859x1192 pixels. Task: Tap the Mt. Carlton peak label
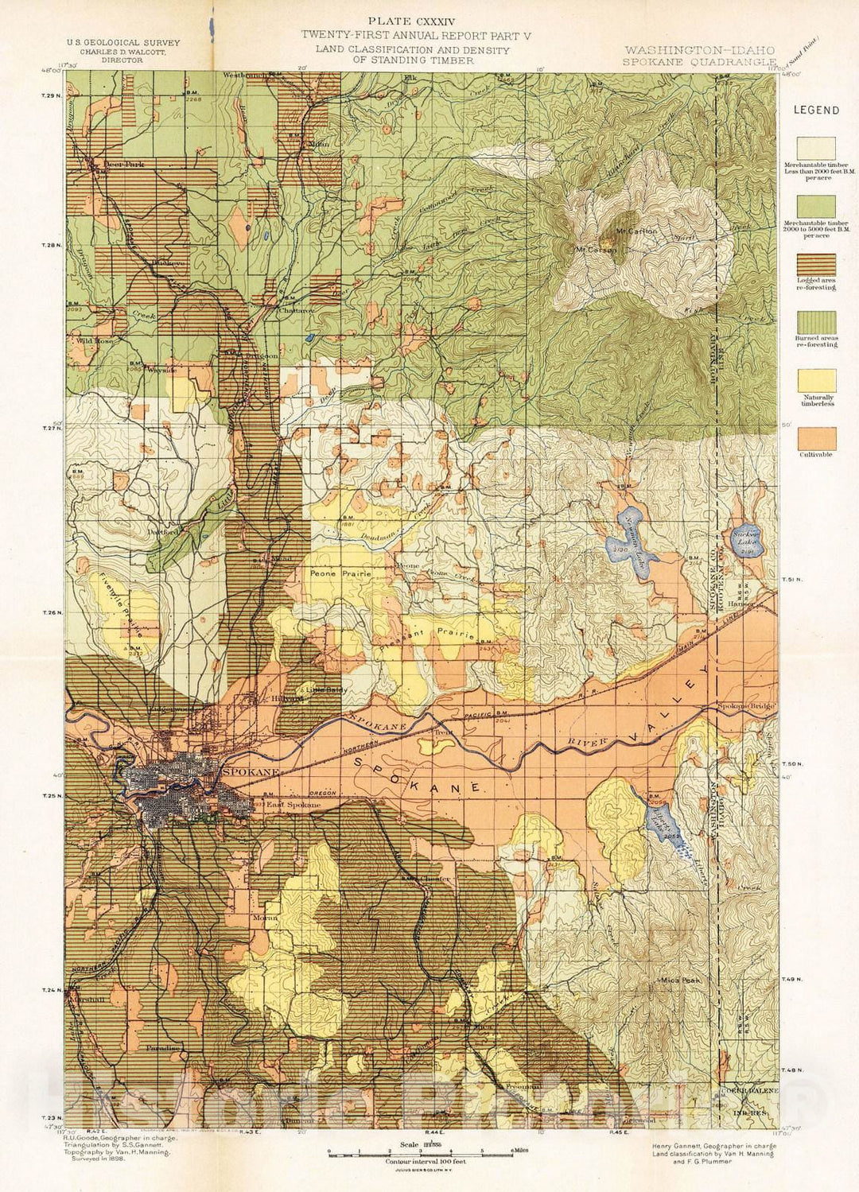636,231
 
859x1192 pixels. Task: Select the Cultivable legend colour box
816,438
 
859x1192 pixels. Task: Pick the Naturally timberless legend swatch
816,380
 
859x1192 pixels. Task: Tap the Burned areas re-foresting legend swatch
816,323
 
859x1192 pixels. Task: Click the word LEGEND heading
816,111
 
